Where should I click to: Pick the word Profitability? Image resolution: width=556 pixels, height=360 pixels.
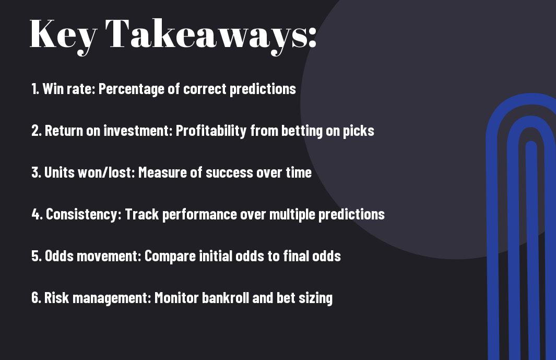[x=211, y=131]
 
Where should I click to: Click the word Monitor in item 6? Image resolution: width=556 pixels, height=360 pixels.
[x=176, y=298]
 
